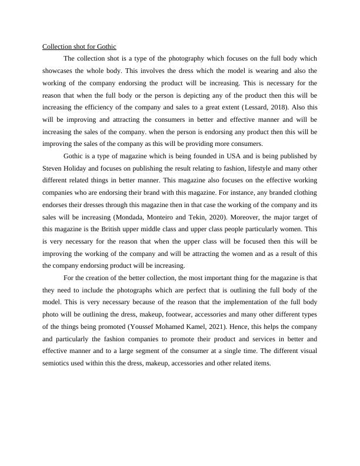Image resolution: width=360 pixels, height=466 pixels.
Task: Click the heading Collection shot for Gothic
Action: pyautogui.click(x=79, y=46)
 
